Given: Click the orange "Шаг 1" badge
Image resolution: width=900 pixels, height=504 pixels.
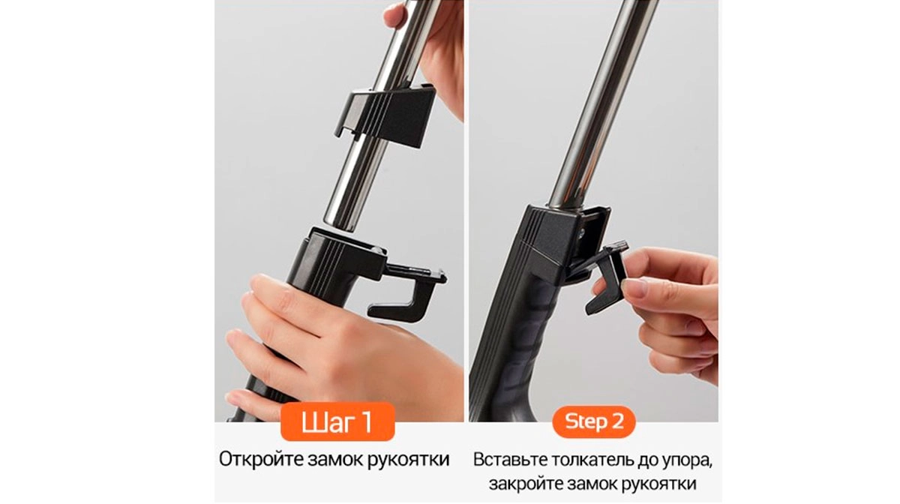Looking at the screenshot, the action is pyautogui.click(x=337, y=421).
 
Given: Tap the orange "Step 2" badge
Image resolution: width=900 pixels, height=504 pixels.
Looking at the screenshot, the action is pyautogui.click(x=594, y=421).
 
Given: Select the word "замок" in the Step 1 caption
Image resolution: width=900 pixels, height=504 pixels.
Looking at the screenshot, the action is pyautogui.click(x=335, y=460).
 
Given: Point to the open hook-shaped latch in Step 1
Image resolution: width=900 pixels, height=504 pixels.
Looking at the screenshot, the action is pyautogui.click(x=406, y=291).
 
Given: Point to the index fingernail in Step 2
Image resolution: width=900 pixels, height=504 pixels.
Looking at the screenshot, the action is pyautogui.click(x=633, y=288).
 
